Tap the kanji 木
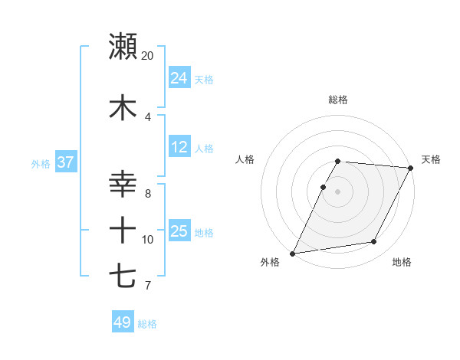click(x=123, y=107)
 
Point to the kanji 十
click(x=123, y=229)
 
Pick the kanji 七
click(x=123, y=275)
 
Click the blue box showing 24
click(x=179, y=78)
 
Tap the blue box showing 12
click(x=179, y=147)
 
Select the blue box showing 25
click(x=179, y=231)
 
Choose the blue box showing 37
click(x=66, y=162)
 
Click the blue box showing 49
click(x=123, y=322)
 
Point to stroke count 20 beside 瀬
click(x=148, y=56)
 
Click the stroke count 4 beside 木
click(x=148, y=116)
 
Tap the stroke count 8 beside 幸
click(x=148, y=194)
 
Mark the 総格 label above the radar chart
click(x=338, y=100)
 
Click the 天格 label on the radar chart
click(x=431, y=159)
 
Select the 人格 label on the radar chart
click(x=245, y=159)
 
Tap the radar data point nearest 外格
click(x=292, y=254)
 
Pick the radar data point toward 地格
click(x=374, y=242)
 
